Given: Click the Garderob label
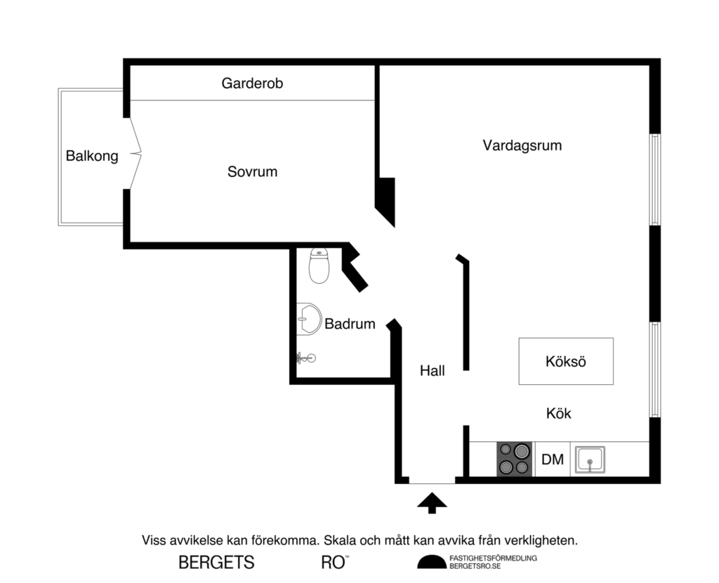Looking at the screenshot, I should click(252, 84).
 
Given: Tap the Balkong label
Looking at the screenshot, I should click(92, 156).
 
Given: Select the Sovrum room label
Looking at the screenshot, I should click(252, 171).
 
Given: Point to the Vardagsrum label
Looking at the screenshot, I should click(522, 146).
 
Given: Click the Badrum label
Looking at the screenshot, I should click(350, 325).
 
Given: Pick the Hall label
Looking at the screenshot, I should click(433, 371).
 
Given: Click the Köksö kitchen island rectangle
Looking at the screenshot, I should click(566, 361).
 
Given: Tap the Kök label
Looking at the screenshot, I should click(559, 414).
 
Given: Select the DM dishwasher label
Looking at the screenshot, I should click(553, 460).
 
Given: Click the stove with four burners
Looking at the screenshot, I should click(515, 459).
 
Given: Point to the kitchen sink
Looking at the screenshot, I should click(590, 460).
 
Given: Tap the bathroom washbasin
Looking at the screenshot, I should click(308, 320).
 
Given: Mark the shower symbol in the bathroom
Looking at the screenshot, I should click(305, 358).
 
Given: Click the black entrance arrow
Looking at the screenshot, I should click(432, 502).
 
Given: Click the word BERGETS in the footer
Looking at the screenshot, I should click(216, 563).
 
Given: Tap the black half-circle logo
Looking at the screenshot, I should click(431, 562).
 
